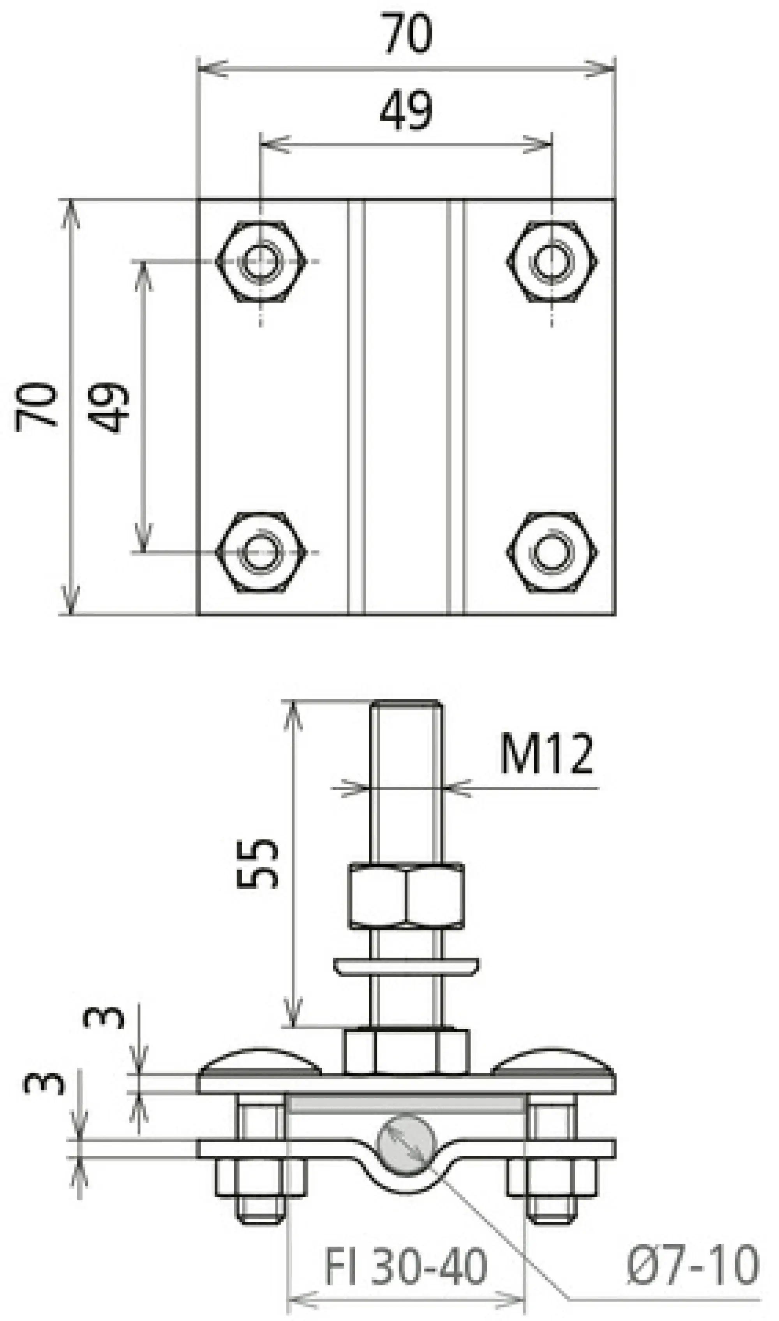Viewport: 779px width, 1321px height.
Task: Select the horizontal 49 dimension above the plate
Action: click(x=406, y=110)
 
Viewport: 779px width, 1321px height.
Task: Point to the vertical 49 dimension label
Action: click(x=108, y=407)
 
